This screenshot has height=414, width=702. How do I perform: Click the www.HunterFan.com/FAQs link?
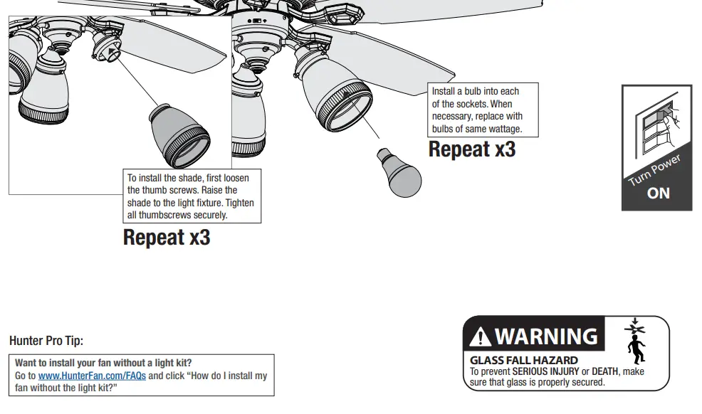pyautogui.click(x=92, y=376)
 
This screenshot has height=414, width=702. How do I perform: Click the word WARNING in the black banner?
pyautogui.click(x=546, y=336)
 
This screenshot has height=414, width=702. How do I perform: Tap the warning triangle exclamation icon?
pyautogui.click(x=481, y=336)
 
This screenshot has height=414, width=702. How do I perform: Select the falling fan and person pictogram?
pyautogui.click(x=635, y=341)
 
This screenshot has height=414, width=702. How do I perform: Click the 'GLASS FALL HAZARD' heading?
pyautogui.click(x=523, y=361)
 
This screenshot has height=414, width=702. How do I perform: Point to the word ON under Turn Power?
pyautogui.click(x=658, y=193)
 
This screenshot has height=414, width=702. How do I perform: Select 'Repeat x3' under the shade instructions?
pyautogui.click(x=167, y=237)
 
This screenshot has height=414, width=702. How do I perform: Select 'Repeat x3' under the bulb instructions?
pyautogui.click(x=471, y=149)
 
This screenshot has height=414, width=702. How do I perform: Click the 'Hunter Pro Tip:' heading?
pyautogui.click(x=46, y=341)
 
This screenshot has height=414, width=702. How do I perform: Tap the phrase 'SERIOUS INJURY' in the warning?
pyautogui.click(x=545, y=372)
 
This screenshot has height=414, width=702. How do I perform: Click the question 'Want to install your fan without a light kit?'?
pyautogui.click(x=103, y=363)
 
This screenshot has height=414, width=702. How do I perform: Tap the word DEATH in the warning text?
pyautogui.click(x=604, y=372)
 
